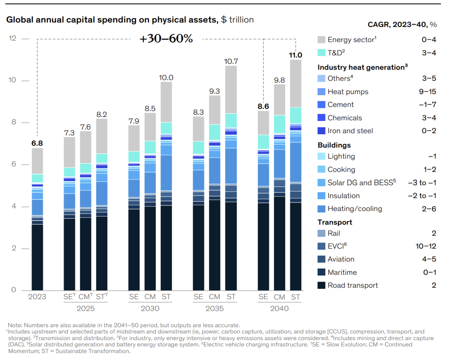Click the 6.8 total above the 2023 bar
[x=38, y=143]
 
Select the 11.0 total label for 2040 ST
[x=295, y=55]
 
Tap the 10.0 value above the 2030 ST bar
[x=167, y=77]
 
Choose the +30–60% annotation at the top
[x=166, y=39]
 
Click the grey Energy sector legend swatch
[x=321, y=40]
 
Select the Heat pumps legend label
[x=347, y=91]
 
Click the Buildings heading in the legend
[x=334, y=145]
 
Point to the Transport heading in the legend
[x=335, y=222]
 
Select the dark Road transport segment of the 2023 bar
[x=38, y=256]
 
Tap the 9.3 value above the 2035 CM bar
[x=214, y=91]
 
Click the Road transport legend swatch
[x=321, y=285]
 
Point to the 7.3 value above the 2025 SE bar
[x=70, y=133]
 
